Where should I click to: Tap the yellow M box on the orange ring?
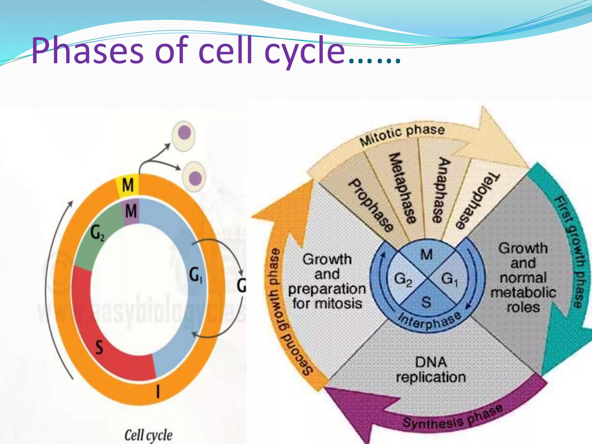[127, 185]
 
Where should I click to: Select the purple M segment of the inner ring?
[131, 211]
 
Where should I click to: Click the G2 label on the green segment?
[97, 233]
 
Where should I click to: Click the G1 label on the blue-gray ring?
[196, 275]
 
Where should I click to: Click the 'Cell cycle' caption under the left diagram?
[148, 435]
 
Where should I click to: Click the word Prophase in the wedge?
[371, 205]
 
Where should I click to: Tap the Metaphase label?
[402, 188]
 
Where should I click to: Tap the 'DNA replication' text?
[431, 370]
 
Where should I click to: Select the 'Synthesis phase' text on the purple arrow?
[452, 416]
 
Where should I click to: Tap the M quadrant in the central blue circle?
[427, 255]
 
